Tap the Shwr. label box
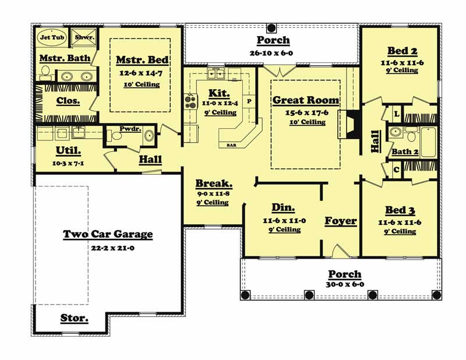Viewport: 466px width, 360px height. pos(81,37)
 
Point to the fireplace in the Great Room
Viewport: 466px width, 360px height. pos(348,123)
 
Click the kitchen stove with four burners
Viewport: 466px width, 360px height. pos(190,102)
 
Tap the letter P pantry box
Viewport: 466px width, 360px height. pos(249,101)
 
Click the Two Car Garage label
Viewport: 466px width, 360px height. pos(108,234)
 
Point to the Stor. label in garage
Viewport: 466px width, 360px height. pos(75,318)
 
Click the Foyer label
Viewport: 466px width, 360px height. pos(340,221)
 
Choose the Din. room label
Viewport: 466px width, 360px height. pos(283,208)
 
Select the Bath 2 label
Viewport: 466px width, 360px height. pos(405,152)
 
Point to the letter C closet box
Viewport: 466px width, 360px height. pos(396,170)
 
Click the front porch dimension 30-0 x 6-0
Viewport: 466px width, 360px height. pos(345,284)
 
